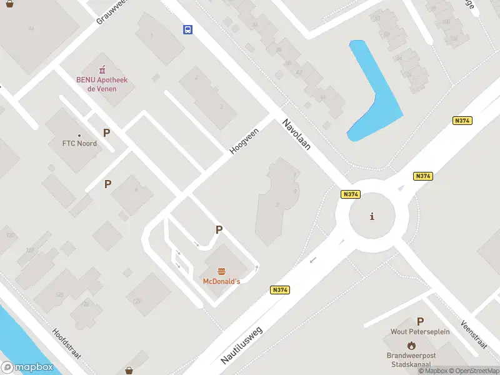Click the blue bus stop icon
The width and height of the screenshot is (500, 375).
187,29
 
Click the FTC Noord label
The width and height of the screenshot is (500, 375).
79,143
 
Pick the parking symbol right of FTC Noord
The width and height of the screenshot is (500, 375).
107,132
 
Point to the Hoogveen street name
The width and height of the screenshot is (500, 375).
244,141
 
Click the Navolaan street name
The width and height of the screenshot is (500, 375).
296,135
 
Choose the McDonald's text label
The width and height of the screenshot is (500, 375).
221,282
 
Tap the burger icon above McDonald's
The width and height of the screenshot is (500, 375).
221,271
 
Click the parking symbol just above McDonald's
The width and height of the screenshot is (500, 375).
219,230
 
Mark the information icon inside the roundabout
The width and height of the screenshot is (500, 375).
372,217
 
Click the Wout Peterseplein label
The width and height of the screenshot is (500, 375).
419,332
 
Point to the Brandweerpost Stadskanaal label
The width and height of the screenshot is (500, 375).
411,359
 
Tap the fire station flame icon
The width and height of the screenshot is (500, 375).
411,345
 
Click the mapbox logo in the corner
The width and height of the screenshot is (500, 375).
27,367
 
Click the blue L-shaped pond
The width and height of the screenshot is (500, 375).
375,94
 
